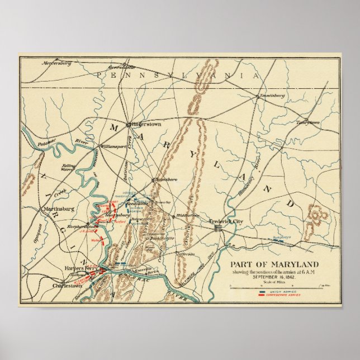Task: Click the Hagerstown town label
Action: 146,124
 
